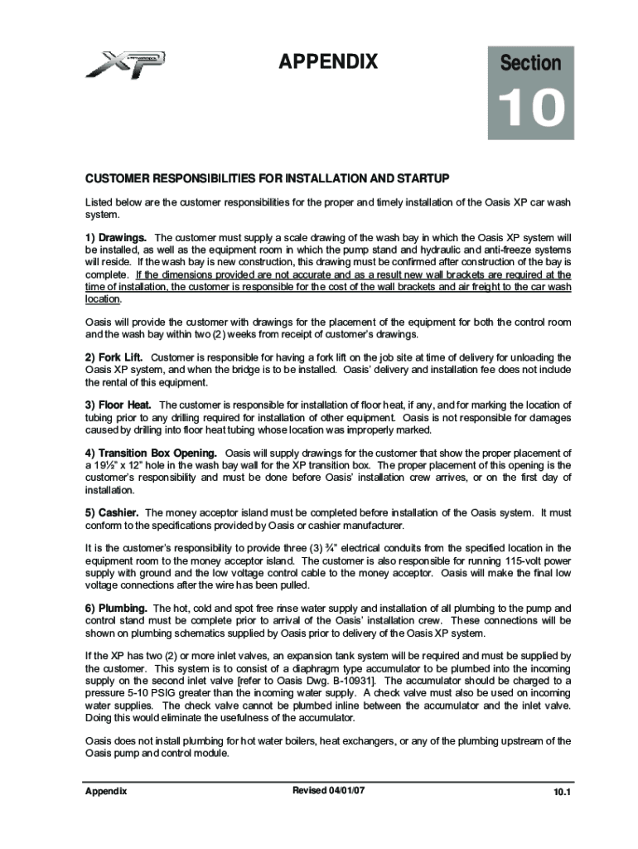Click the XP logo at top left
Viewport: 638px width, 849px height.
coord(125,64)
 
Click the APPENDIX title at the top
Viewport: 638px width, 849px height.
coord(328,62)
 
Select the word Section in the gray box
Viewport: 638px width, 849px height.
coord(531,63)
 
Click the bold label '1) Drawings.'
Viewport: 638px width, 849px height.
coord(116,238)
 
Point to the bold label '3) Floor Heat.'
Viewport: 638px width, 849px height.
coord(118,405)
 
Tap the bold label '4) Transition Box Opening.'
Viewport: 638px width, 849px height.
coord(152,454)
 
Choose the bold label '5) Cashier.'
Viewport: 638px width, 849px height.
coord(112,513)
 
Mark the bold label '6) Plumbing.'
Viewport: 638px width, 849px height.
coord(117,609)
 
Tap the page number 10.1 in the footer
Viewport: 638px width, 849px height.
coord(563,793)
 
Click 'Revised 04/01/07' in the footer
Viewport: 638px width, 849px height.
coord(329,791)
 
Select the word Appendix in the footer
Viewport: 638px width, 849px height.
coord(106,792)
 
